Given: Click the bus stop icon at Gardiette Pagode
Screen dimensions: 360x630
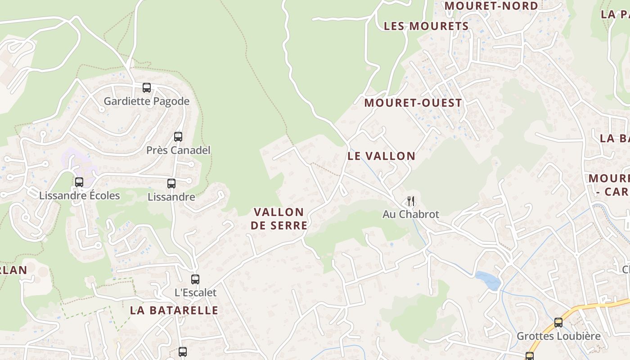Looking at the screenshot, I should pos(147,88).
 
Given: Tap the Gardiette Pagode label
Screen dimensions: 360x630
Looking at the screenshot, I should pos(147,101).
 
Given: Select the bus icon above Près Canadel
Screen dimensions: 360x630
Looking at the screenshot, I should pos(178,137).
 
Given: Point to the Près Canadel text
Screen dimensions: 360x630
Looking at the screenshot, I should pos(178,150).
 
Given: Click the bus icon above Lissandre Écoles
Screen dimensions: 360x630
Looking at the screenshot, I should pos(79,182).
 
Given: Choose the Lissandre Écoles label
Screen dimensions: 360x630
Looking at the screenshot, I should pos(80,196).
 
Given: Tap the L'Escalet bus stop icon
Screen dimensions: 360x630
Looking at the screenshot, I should pos(195,279).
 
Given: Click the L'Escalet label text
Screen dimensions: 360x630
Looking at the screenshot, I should pos(195,292).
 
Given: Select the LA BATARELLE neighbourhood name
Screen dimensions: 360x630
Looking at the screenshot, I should pos(174,310).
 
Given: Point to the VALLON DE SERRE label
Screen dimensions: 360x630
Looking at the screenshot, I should pos(279,219).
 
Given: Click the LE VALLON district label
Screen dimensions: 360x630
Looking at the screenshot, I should pos(382,156).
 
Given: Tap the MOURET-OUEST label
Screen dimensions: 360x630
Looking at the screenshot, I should pos(413,103).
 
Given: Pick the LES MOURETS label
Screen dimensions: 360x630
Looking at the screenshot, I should pos(426,27).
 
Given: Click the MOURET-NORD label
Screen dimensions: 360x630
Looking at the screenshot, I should pos(491,6).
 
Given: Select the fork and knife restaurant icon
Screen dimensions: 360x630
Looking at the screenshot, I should pos(411,201).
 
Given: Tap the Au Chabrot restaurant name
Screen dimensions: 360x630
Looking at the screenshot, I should pos(411,214).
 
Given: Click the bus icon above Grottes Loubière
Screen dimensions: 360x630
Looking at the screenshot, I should pos(558,323).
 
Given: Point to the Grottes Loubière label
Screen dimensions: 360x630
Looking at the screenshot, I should pos(558,336).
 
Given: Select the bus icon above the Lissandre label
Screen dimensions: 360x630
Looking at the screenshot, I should pos(171,184).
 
